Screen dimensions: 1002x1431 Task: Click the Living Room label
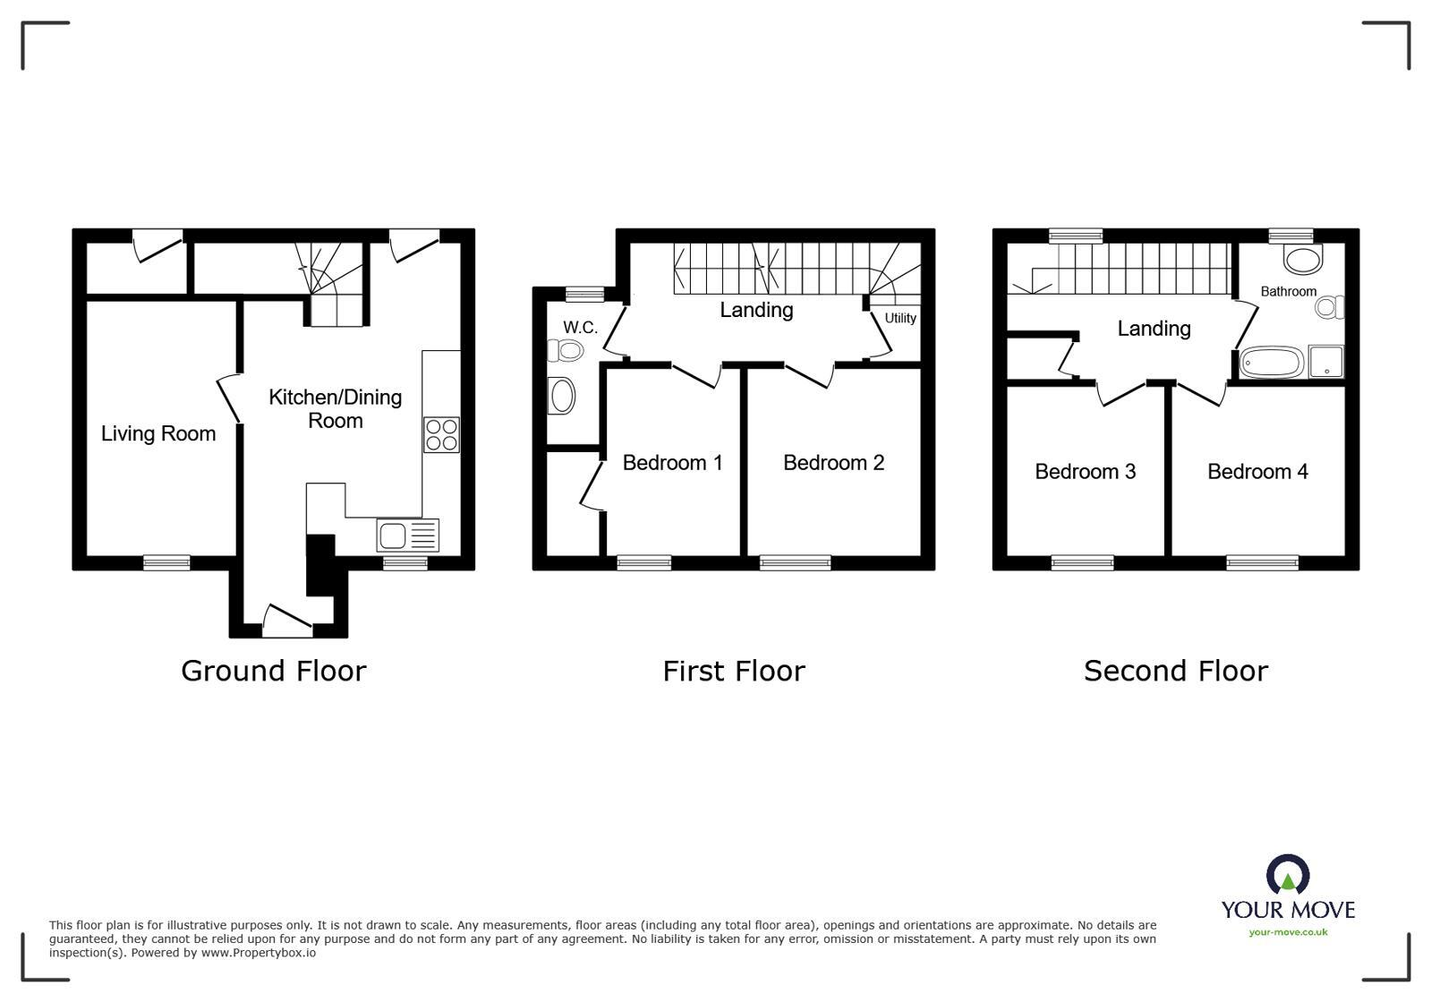[x=158, y=434]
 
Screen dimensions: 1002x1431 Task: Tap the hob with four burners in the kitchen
[x=441, y=435]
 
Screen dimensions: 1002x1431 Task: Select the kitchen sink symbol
[x=408, y=535]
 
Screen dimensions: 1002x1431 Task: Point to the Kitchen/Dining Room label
[x=335, y=408]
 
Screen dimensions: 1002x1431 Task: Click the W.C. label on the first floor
[x=580, y=328]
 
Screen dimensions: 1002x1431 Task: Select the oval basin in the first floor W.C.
[x=561, y=396]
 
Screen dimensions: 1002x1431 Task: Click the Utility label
[x=900, y=318]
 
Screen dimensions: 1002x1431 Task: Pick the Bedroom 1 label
[x=672, y=463]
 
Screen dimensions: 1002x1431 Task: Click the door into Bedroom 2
[x=810, y=375]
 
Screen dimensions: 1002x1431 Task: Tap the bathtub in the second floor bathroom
[x=1272, y=364]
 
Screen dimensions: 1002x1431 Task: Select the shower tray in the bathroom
[x=1325, y=362]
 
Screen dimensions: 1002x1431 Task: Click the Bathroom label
[x=1288, y=291]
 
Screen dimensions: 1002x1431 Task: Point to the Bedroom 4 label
[x=1257, y=472]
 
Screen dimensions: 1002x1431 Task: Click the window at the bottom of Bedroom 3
[x=1082, y=562]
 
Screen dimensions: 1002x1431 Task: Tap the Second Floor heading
[x=1175, y=671]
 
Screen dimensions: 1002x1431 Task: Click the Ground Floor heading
[x=273, y=671]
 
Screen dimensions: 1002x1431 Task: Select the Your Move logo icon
[x=1287, y=875]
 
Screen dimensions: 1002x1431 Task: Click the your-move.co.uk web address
[x=1288, y=932]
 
